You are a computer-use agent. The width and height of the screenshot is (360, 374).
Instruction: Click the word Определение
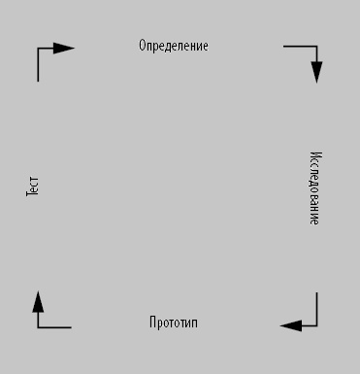tap(174, 46)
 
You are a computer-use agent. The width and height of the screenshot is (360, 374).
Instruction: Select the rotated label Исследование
tap(315, 188)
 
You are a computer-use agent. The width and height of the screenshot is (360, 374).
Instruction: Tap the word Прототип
tap(174, 323)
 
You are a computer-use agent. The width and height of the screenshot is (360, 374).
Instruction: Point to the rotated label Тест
tap(32, 187)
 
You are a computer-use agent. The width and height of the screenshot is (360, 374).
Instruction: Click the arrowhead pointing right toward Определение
tap(64, 49)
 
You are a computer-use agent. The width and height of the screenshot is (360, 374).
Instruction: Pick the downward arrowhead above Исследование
tap(316, 72)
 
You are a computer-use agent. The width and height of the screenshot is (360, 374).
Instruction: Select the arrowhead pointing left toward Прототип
tap(291, 325)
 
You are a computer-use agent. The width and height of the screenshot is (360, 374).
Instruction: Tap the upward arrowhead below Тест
tap(38, 302)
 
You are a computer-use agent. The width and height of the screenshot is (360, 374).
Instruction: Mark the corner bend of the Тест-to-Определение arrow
tap(38, 49)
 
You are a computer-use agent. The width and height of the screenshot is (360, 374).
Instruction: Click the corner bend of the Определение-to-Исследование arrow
tap(316, 47)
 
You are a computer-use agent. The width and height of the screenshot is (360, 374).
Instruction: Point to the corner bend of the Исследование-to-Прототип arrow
tap(316, 325)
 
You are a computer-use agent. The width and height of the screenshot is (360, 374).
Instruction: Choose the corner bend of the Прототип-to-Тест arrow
tap(38, 327)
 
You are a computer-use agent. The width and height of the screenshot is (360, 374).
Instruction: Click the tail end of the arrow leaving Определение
tap(283, 47)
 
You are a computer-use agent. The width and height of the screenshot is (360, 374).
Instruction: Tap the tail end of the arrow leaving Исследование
tap(316, 292)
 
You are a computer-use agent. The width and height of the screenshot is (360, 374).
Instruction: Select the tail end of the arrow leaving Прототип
tap(71, 327)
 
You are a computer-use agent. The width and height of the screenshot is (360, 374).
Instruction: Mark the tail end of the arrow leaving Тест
tap(38, 82)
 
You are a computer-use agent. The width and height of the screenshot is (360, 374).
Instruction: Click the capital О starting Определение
tap(142, 46)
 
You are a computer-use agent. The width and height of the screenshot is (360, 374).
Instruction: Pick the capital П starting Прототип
tap(152, 322)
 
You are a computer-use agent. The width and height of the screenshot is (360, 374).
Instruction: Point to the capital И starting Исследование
tap(316, 154)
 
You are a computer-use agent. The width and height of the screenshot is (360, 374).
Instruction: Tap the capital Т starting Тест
tap(32, 193)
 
